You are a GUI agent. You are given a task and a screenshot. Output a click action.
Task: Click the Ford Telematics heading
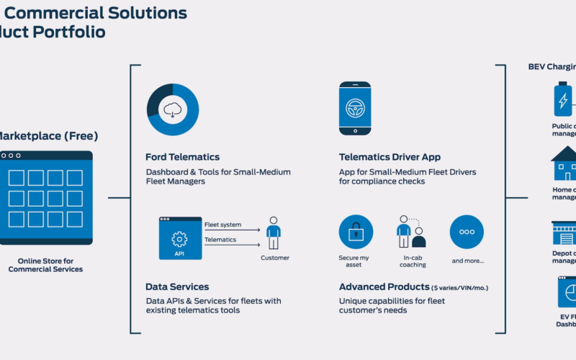coord(182,157)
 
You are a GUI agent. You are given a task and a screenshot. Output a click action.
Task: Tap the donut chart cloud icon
coord(173,109)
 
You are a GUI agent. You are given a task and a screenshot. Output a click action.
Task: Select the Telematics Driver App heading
coord(390,157)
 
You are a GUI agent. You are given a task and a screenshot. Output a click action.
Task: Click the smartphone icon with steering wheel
coord(355,108)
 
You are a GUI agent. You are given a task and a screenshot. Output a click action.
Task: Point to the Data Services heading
coord(177,287)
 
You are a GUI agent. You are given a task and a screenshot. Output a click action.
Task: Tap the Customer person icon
coord(274,233)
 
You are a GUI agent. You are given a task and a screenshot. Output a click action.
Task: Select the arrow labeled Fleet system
coord(232,231)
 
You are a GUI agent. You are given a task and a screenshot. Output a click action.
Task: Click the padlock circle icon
coord(356,233)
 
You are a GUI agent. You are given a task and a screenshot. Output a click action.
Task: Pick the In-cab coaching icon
coord(411,233)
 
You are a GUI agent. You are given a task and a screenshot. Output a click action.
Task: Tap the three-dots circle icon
coord(467,233)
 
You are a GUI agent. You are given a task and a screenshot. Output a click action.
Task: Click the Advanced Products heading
coord(384,287)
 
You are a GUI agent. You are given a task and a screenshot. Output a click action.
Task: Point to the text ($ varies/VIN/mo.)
coord(460,287)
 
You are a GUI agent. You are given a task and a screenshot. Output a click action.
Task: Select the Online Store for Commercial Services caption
coord(45,265)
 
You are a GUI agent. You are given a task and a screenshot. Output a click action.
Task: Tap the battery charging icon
coord(562,99)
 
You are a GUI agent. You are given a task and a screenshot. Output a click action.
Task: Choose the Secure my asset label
coord(356,261)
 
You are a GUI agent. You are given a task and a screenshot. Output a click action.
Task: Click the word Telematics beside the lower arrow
coord(221,240)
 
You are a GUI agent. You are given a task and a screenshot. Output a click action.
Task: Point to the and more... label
coord(468,261)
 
